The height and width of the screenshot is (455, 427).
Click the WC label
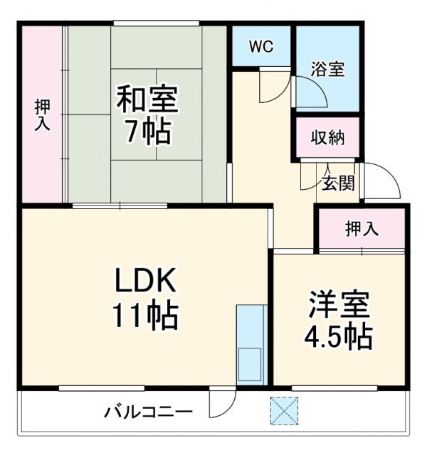click(x=260, y=48)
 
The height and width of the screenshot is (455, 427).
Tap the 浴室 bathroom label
click(x=328, y=69)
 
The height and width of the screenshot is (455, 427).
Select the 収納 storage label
click(x=328, y=137)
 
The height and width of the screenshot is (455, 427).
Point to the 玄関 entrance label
click(x=338, y=183)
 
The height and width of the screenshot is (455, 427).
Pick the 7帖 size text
click(x=148, y=132)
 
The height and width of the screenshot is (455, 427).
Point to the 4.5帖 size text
click(x=339, y=336)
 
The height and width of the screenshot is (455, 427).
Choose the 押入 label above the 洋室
click(x=362, y=229)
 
